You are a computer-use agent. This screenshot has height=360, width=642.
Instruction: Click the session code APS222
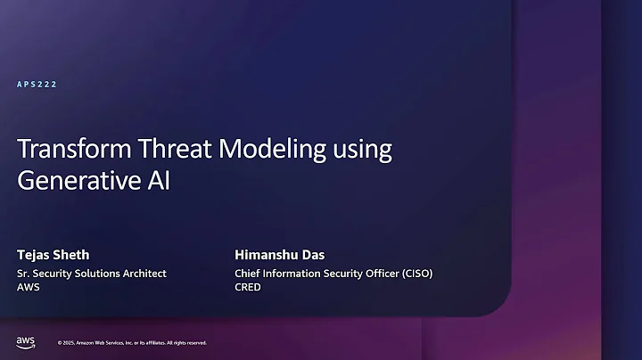pos(37,85)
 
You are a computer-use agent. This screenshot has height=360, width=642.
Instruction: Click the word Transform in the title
pos(62,150)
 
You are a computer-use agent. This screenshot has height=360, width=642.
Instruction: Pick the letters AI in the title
pos(157,181)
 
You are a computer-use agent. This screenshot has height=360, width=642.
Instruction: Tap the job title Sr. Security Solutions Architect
pos(91,274)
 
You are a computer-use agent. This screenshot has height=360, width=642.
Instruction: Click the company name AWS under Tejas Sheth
pos(29,288)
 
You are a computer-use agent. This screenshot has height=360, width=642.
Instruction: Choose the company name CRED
pos(248,288)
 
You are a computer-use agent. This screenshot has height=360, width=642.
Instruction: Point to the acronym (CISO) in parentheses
pos(414,274)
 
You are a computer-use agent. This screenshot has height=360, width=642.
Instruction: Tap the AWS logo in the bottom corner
pos(25,342)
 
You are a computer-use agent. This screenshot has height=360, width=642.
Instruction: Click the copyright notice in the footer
pos(132,343)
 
